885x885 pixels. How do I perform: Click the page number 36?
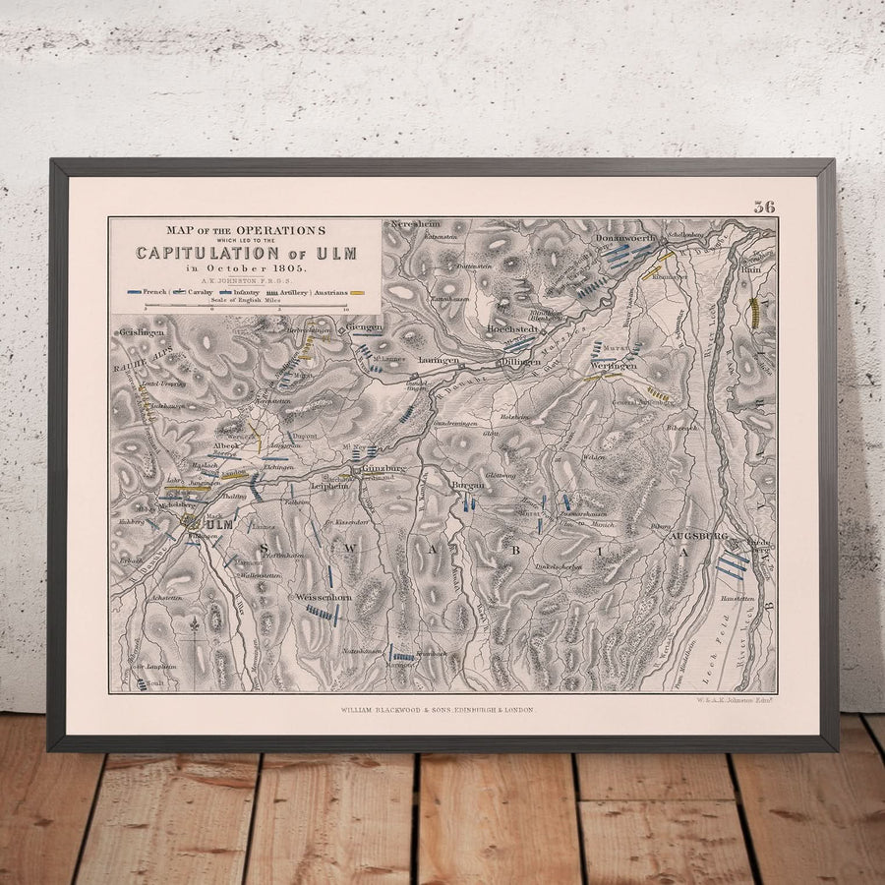[x=764, y=206]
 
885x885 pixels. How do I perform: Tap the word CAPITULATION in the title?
[x=206, y=253]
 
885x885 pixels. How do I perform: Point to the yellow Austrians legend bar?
[x=358, y=293]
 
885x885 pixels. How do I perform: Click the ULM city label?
[x=218, y=524]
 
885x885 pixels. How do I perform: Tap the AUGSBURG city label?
[x=697, y=536]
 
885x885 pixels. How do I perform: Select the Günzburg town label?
[x=384, y=470]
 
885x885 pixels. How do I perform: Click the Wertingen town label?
[x=615, y=365]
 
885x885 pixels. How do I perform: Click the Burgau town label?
[x=469, y=486]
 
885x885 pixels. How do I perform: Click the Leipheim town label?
[x=329, y=486]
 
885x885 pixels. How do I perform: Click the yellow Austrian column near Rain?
[x=754, y=313]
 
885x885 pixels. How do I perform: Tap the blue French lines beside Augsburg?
[x=732, y=564]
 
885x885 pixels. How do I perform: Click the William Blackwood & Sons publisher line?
[x=438, y=708]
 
